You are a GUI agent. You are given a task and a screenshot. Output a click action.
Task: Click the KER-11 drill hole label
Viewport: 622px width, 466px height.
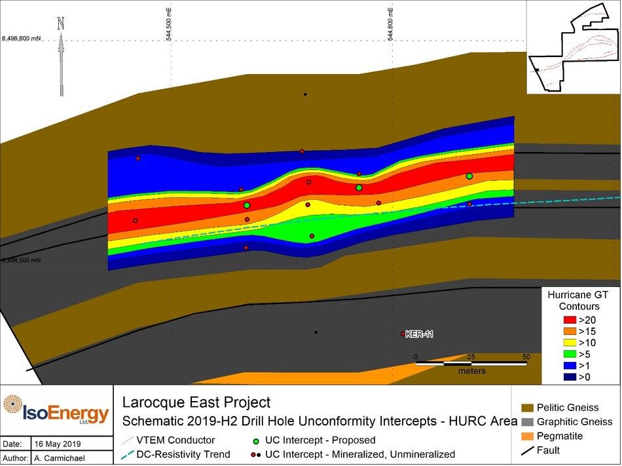419,334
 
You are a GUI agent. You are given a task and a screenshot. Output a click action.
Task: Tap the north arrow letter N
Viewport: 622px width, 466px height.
61,22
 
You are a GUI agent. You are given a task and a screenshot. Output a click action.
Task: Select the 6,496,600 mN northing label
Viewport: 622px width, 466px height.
22,38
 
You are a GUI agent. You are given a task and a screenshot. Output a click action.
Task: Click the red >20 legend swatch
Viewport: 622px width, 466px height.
569,320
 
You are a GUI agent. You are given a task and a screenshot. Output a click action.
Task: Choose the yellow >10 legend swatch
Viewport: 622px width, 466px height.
569,342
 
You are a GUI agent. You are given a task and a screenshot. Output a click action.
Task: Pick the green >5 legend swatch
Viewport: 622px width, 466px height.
569,353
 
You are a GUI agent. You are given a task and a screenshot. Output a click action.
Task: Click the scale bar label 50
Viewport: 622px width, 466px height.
526,356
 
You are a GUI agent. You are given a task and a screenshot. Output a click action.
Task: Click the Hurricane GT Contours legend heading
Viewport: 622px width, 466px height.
574,301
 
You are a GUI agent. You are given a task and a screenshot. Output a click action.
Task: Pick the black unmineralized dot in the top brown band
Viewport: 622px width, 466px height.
305,94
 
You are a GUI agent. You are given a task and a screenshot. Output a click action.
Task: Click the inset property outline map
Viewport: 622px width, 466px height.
574,47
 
